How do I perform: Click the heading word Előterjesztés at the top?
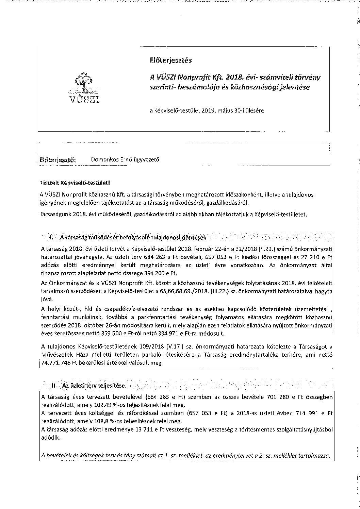(x=170, y=60)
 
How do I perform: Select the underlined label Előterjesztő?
(x=58, y=160)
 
